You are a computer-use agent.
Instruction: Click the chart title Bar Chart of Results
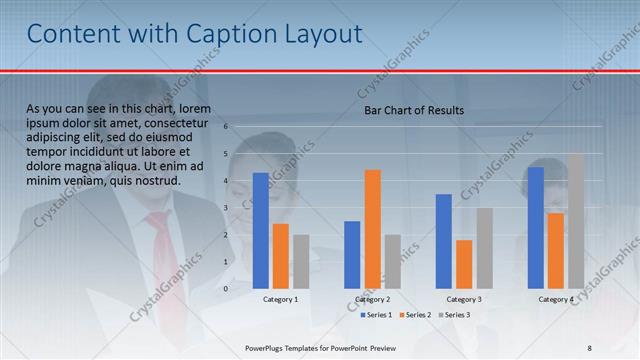pos(413,111)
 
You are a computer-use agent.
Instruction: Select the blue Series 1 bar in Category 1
pos(261,230)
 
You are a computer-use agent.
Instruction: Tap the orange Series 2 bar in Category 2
pos(373,229)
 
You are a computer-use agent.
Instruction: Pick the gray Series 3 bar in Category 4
pos(576,221)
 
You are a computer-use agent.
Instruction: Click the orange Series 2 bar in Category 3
pos(464,264)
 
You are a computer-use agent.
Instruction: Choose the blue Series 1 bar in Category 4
pos(536,228)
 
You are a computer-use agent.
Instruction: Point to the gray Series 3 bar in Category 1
pos(301,261)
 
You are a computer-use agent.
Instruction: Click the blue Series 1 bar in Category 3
pos(444,241)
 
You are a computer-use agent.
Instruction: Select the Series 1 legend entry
pos(375,315)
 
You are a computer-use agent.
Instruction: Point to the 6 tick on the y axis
pos(227,127)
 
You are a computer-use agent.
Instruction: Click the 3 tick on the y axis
pos(227,208)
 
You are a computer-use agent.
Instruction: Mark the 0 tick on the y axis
pos(227,289)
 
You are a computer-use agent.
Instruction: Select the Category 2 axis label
pos(372,299)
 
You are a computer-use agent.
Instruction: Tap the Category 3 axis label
pos(464,299)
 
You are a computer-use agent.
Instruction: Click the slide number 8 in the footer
pos(589,347)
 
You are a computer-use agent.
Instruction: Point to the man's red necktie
pos(161,255)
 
